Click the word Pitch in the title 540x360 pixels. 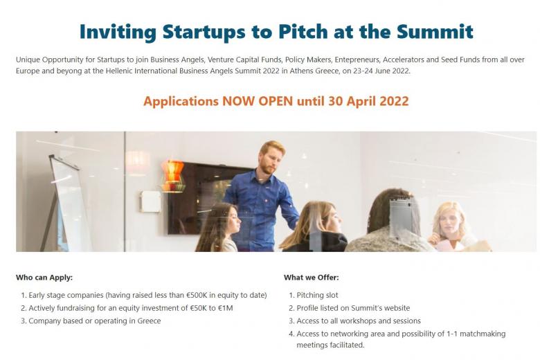point(303,32)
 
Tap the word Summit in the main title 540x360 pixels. point(435,32)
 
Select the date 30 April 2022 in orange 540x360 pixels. point(368,101)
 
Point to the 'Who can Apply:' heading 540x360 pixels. point(44,278)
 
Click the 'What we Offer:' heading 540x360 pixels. point(312,278)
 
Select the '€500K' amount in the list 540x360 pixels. point(197,295)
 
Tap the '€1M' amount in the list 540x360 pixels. point(226,308)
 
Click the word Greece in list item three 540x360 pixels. point(149,321)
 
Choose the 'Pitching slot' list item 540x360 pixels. point(317,295)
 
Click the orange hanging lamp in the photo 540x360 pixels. point(173,176)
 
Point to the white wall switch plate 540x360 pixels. point(150,201)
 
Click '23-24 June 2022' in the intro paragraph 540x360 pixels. point(381,71)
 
